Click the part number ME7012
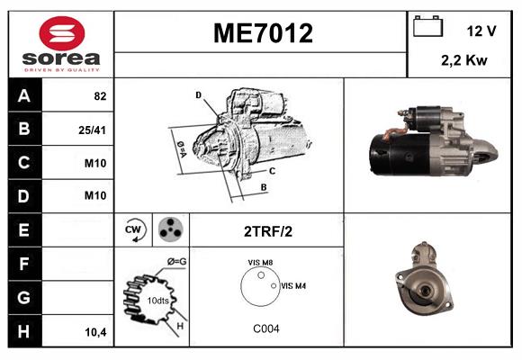coord(262,34)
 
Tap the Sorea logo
coord(61,44)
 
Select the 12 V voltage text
coord(481,31)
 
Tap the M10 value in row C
coord(94,163)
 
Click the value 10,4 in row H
coord(94,331)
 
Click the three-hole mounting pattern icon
coord(168,230)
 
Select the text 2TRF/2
coord(266,231)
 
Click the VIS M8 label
coord(260,263)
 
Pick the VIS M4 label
coord(293,285)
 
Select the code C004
coord(265,328)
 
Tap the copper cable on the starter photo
coord(389,135)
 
